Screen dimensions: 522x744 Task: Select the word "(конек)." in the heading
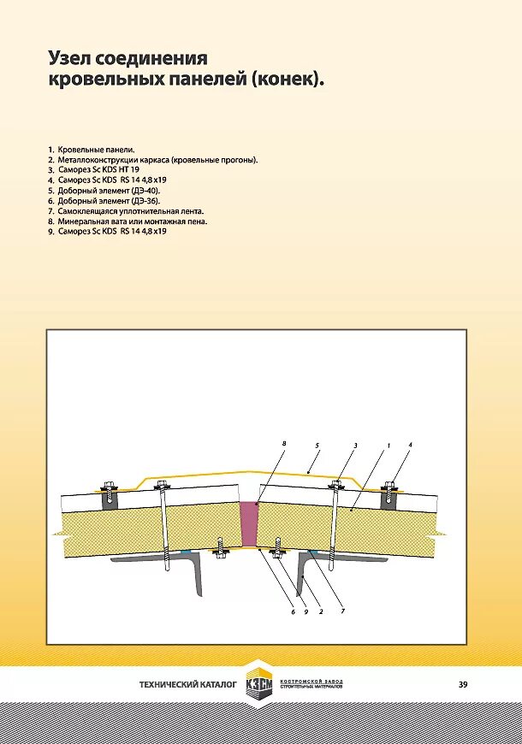tap(288, 80)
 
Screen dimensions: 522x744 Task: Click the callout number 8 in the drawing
tap(283, 443)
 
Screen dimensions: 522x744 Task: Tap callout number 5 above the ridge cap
tap(317, 446)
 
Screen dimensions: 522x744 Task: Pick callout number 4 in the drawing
tap(410, 446)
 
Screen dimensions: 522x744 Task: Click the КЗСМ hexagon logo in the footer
tap(259, 684)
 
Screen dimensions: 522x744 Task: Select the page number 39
tap(463, 684)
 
